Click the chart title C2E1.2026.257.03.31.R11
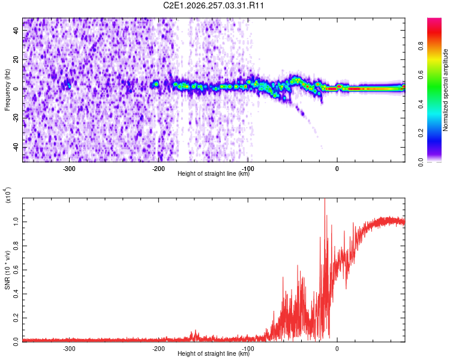point(213,5)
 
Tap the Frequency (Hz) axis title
point(7,90)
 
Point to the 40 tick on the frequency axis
point(16,30)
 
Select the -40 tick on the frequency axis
point(16,148)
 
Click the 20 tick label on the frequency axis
point(16,59)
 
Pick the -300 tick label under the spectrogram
point(69,169)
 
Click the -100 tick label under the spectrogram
point(248,169)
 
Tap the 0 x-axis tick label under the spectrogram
point(337,169)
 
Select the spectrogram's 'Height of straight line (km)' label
point(214,173)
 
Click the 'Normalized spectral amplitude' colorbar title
point(445,90)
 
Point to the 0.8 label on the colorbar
point(421,46)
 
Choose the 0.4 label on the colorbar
point(421,104)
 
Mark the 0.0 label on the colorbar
point(421,162)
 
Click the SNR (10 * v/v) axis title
point(7,270)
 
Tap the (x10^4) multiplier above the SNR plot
point(7,195)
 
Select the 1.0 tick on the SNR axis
point(16,221)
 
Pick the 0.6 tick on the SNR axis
point(16,270)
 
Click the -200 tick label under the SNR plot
point(158,349)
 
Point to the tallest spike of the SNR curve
point(325,199)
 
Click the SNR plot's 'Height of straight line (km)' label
point(214,353)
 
